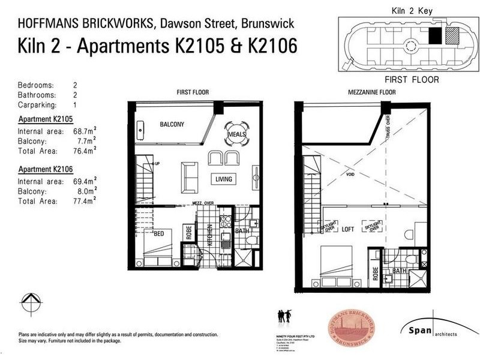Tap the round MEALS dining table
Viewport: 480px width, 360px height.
click(x=236, y=134)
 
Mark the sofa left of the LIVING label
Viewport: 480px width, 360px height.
click(x=190, y=175)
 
